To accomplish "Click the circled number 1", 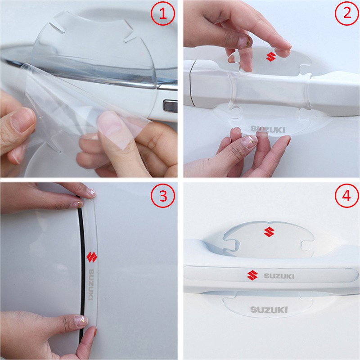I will coord(163,14).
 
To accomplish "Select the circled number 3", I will coord(163,196).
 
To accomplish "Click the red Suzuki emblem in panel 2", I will coord(270,57).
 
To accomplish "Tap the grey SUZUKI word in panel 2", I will coord(268,130).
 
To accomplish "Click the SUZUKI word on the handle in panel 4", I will coord(279,275).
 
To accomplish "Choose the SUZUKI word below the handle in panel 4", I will coord(267,310).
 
